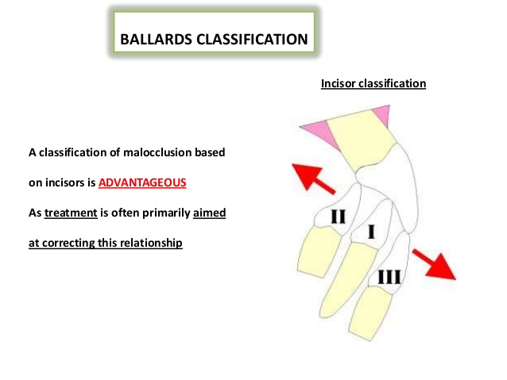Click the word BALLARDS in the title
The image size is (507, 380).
pyautogui.click(x=157, y=40)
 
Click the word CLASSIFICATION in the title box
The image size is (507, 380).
pyautogui.click(x=252, y=40)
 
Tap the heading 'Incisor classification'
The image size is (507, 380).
pyautogui.click(x=373, y=83)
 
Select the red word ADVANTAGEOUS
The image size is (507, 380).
pyautogui.click(x=142, y=182)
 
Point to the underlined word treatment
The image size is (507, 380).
pyautogui.click(x=71, y=213)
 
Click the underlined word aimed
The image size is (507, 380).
pyautogui.click(x=209, y=213)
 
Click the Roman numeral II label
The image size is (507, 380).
pyautogui.click(x=338, y=217)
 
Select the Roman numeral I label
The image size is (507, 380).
pyautogui.click(x=371, y=232)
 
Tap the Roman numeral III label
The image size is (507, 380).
pyautogui.click(x=389, y=278)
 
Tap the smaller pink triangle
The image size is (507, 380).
pyautogui.click(x=381, y=115)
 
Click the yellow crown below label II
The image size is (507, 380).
pyautogui.click(x=319, y=251)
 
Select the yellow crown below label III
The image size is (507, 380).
pyautogui.click(x=370, y=313)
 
